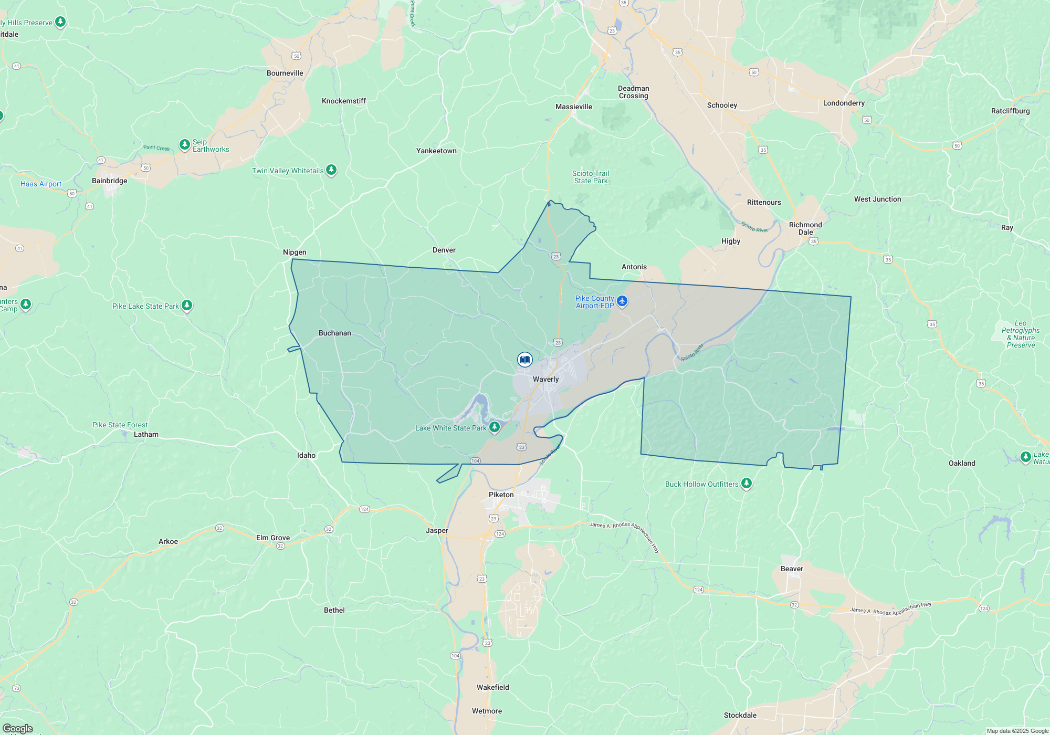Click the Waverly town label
click(545, 379)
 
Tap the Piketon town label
click(501, 495)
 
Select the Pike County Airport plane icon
click(622, 301)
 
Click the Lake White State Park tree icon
click(494, 427)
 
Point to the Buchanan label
click(334, 333)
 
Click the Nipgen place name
click(295, 252)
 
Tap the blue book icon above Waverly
click(524, 360)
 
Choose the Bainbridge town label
click(109, 181)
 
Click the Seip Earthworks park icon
click(184, 144)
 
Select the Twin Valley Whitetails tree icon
click(331, 170)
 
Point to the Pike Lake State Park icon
click(186, 305)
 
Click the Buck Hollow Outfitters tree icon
click(746, 483)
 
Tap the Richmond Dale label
click(805, 228)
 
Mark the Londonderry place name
click(844, 103)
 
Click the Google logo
click(18, 728)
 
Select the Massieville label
click(573, 107)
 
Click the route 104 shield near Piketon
click(475, 461)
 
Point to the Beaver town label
click(792, 569)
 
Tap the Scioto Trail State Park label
click(591, 177)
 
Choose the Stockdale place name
click(740, 715)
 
